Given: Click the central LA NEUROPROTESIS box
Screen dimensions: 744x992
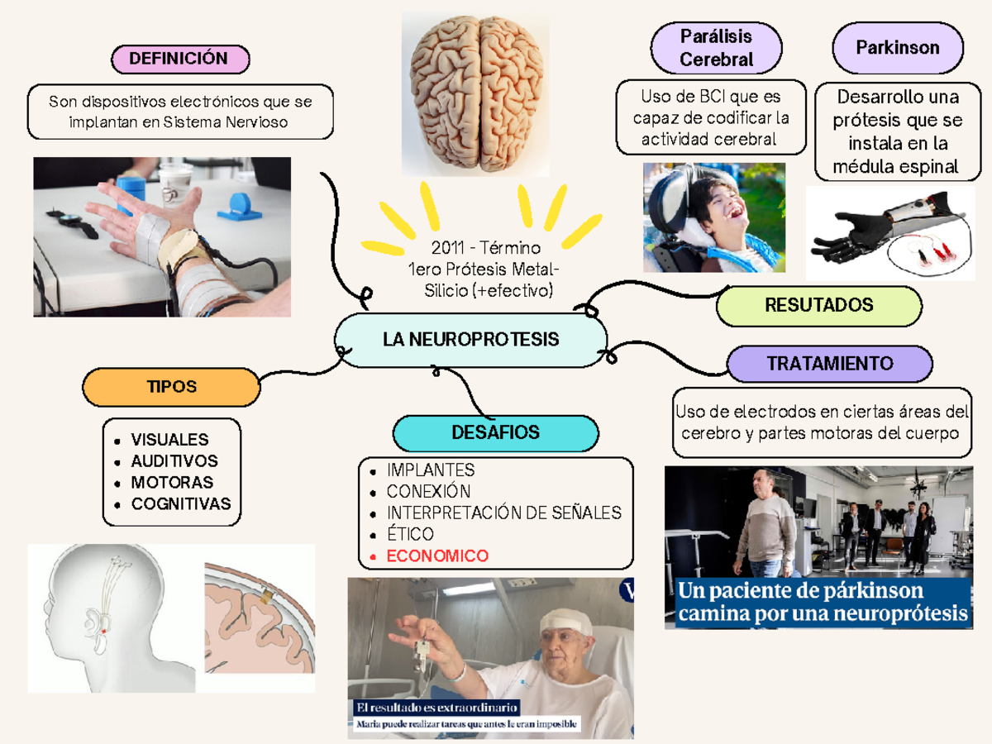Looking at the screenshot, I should (x=470, y=340).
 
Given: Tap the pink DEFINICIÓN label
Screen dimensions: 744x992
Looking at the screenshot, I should (x=179, y=59).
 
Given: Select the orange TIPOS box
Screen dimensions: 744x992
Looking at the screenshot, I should (x=172, y=387).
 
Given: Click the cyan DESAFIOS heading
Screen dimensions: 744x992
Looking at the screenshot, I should (x=495, y=432).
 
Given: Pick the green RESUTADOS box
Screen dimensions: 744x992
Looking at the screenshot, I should (x=818, y=306).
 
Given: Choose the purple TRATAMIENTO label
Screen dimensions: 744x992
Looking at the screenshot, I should (x=829, y=364).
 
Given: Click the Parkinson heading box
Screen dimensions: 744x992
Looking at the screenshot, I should (x=897, y=48).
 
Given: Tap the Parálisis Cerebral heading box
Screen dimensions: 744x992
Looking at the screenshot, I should (x=716, y=48).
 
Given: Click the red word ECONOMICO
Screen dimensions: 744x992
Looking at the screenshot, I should (x=437, y=556).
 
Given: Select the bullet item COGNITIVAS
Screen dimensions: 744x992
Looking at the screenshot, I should (x=181, y=503).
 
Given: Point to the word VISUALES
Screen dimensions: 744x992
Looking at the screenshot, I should (x=169, y=440).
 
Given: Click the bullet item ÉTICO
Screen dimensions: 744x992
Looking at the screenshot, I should (x=410, y=535).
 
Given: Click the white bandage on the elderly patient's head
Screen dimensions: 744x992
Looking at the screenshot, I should (x=567, y=619).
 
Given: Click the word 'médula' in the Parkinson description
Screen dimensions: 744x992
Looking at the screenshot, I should (x=864, y=167).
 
